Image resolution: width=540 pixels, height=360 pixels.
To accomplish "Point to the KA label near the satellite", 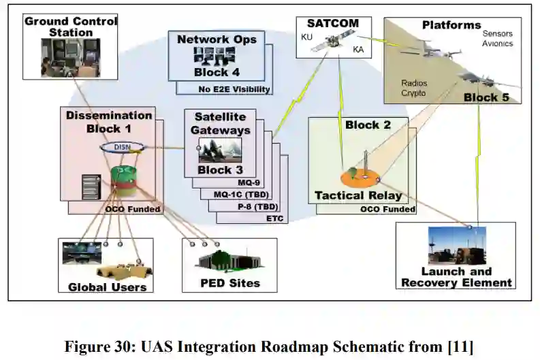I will coord(358,50).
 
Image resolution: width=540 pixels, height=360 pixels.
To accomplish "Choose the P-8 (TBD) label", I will coord(256,206).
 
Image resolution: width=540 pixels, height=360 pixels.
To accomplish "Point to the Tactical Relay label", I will coord(358,196).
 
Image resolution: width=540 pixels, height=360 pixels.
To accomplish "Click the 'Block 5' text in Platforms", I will coord(486,97).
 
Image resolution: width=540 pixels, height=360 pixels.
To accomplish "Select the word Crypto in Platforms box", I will coord(414,93).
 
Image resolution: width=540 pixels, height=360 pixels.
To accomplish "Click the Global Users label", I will coord(107,287).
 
